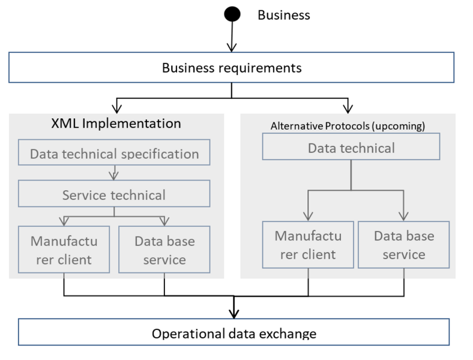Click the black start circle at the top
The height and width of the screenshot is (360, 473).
pos(232,14)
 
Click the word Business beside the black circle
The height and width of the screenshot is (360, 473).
pos(283,15)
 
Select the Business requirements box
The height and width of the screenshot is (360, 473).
pos(231,67)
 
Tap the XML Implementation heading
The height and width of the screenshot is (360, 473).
pos(116,124)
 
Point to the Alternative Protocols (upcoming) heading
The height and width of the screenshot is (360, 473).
pos(348,126)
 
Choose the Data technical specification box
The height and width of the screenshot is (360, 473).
pos(114,152)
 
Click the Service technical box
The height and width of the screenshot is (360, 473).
pos(114,194)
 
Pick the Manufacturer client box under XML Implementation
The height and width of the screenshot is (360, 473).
pos(64,250)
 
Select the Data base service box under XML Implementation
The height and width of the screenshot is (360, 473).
pos(164,250)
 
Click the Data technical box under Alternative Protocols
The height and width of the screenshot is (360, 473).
pos(351,146)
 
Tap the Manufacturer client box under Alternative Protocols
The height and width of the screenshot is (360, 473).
pos(308,245)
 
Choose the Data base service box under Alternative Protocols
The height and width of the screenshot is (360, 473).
pos(403,245)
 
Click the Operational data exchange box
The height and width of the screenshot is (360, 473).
pos(233,332)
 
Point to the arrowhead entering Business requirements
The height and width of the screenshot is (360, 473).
pos(232,47)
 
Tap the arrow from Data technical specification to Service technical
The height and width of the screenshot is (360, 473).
pos(113,173)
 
